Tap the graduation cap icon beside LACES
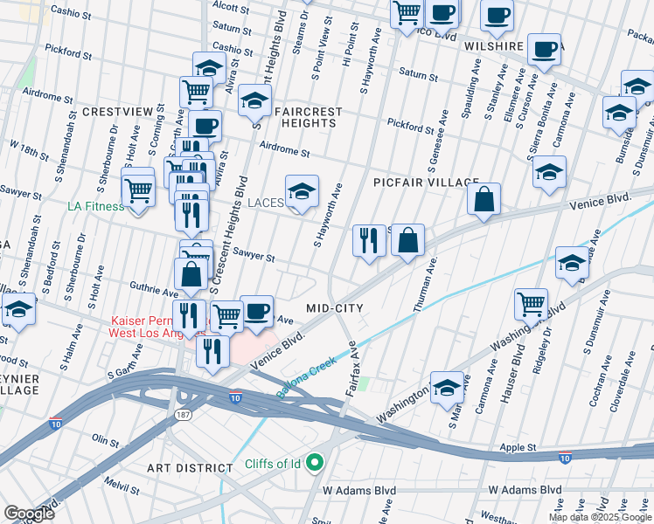click(302, 193)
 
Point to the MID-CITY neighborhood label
click(334, 308)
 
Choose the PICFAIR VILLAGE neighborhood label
click(425, 183)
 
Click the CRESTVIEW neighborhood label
click(117, 113)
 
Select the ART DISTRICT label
click(191, 468)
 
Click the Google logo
click(29, 514)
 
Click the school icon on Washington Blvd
click(447, 389)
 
